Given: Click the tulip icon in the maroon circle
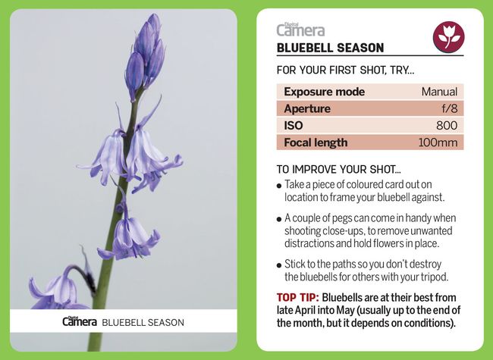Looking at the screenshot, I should point(448,36).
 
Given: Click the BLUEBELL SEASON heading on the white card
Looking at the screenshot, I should point(330,48).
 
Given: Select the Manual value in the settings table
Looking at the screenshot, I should point(439,92).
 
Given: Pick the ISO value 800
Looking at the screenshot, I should point(447,125).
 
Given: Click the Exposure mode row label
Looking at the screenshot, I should point(324,92).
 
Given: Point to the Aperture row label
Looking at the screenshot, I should point(306,108).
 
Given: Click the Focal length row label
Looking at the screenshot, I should point(316,142).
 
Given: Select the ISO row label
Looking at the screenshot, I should point(294,125).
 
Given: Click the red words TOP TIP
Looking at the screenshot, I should point(297,298).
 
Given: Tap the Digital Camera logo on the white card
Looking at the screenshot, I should point(300,30).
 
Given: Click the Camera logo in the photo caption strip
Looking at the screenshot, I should point(80,322).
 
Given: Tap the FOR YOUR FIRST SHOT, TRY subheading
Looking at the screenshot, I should point(345,70).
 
